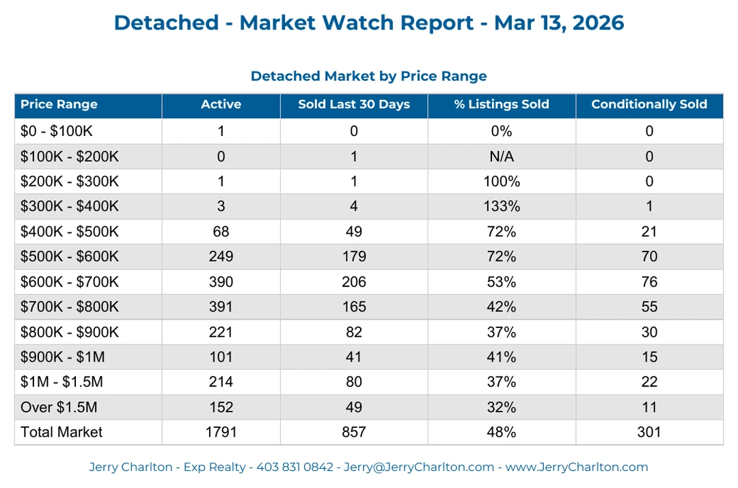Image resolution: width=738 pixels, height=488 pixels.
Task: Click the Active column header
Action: pos(221,105)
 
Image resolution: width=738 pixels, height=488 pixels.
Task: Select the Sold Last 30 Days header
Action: pos(354,105)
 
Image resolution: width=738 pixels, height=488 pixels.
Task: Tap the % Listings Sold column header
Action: pos(502,105)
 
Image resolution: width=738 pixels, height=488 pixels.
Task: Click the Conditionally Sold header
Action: pos(648,105)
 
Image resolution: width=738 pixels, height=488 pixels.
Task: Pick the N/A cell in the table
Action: pos(502,157)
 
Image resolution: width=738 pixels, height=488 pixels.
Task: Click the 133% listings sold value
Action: pos(502,206)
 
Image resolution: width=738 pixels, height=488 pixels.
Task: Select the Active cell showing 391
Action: pos(221,307)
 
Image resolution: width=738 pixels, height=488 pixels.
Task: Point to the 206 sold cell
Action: pos(354,282)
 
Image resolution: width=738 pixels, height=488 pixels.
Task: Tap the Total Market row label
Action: pos(61,432)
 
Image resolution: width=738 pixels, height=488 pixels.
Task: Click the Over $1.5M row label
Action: pos(59,407)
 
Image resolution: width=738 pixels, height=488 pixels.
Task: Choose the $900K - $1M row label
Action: pos(64,357)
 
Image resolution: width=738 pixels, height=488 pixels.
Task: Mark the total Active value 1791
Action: pos(221,432)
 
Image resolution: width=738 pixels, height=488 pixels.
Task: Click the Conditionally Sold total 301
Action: pos(648,432)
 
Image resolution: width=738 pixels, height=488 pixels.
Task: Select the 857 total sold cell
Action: pos(354,432)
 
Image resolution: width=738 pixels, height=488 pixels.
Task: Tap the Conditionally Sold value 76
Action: pos(648,282)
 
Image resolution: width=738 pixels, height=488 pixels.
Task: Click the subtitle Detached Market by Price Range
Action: pos(368,76)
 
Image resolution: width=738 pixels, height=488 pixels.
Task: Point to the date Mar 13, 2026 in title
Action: pos(559,23)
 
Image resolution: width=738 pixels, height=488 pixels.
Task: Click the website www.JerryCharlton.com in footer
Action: pos(577,467)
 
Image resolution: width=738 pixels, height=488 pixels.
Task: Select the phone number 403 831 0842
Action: pos(295,467)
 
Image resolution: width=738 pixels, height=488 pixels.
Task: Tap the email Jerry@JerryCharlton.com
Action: pos(418,467)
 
